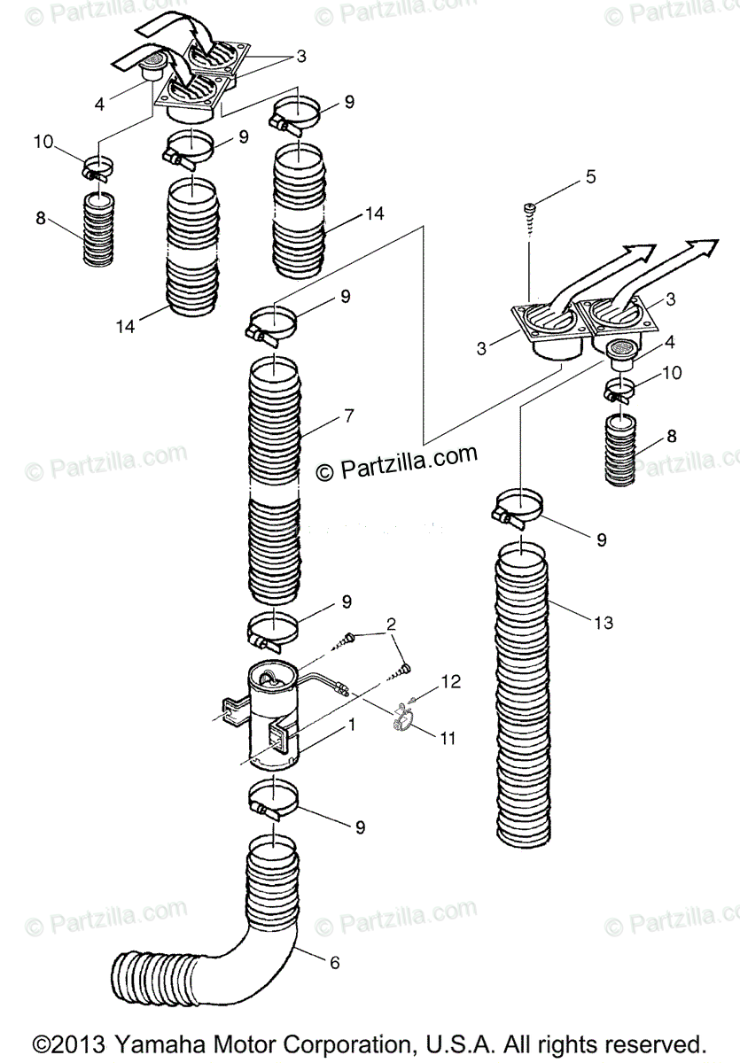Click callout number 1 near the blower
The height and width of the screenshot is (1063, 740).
352,724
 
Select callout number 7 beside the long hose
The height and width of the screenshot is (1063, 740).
349,415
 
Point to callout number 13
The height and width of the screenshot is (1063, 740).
603,623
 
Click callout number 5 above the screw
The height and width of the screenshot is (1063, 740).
590,176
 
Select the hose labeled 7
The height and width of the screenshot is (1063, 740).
275,478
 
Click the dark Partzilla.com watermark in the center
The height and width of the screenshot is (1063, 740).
397,462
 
